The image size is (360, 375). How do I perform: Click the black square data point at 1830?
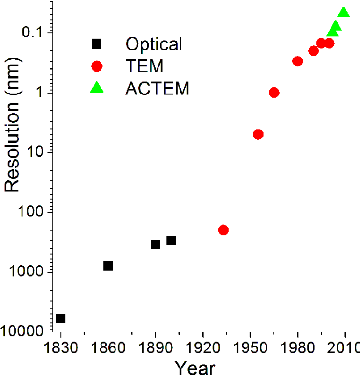[x=61, y=318]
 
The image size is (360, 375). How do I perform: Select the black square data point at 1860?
[x=108, y=266]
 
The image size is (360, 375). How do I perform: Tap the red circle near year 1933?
[x=223, y=230]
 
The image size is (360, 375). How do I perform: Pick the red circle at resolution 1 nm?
[x=274, y=93]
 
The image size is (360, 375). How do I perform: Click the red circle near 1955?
[x=258, y=135]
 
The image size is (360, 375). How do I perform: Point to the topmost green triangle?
[x=344, y=13]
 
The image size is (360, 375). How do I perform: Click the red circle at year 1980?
[x=298, y=61]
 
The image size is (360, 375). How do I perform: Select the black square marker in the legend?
[x=96, y=44]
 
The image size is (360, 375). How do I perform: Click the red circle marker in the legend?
[x=96, y=66]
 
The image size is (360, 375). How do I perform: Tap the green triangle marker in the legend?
[x=96, y=87]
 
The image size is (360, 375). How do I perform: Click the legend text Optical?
[x=153, y=44]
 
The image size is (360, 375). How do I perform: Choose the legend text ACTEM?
[x=157, y=88]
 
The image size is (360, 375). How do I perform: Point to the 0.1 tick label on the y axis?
[x=33, y=33]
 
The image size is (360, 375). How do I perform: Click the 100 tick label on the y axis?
[x=29, y=212]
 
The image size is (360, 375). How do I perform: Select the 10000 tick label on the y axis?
[x=22, y=332]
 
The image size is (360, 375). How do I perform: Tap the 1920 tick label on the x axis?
[x=203, y=349]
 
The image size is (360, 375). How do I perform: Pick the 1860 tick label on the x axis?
[x=108, y=349]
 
